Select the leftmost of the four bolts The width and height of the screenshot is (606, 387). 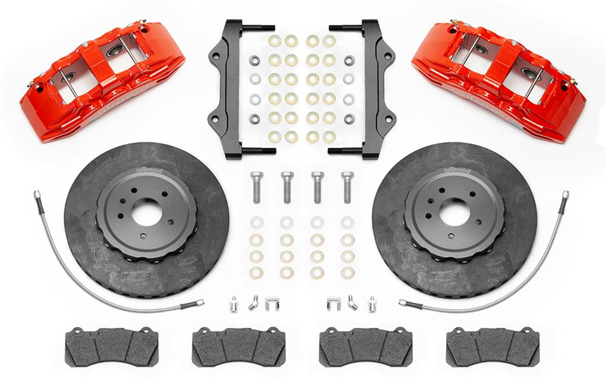pos(256,187)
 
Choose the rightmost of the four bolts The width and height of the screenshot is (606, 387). pos(347,187)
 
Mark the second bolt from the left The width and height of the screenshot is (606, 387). pos(286,187)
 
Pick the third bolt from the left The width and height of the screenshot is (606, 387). pos(316,187)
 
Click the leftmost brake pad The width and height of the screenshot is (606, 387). pos(112,346)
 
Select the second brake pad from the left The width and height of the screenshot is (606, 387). pos(239,346)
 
